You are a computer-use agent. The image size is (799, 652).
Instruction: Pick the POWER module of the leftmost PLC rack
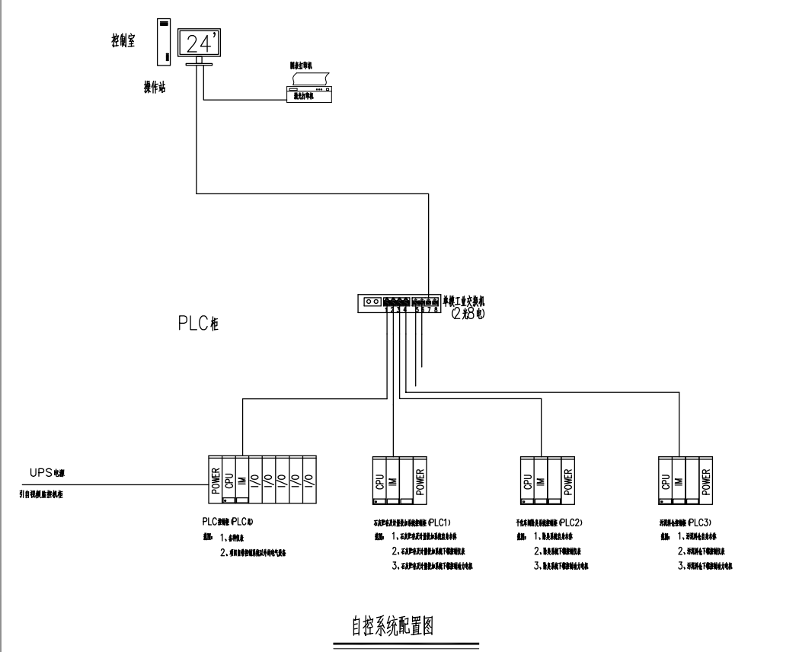[215, 478]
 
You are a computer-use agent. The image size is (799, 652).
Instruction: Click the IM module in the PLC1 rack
[392, 480]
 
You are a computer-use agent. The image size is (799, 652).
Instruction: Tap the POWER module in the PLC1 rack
[418, 480]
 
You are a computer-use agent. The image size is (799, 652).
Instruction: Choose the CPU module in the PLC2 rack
[526, 480]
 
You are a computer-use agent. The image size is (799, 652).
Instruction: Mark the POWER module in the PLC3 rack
[705, 480]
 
